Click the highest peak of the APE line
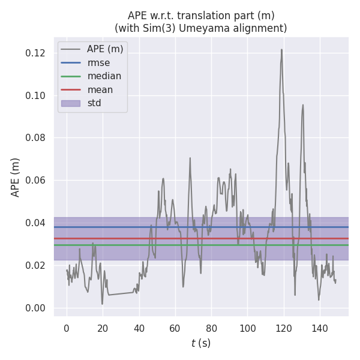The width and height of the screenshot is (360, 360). click(x=281, y=49)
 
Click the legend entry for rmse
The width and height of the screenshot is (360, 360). click(x=98, y=62)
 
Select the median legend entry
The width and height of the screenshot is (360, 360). click(x=104, y=76)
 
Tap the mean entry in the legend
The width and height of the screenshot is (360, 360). click(x=100, y=89)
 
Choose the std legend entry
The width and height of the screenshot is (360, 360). click(x=94, y=103)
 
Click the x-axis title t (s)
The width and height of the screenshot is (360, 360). click(x=201, y=343)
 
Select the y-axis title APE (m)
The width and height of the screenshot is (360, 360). click(x=16, y=177)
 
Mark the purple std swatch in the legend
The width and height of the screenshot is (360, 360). click(x=70, y=103)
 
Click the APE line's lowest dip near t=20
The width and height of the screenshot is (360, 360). click(x=103, y=304)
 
